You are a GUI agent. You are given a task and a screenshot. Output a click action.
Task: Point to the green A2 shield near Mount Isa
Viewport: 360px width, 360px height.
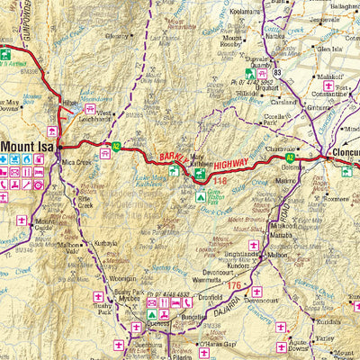[115, 146]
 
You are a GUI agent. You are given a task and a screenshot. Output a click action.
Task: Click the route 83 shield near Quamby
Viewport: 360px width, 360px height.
[277, 72]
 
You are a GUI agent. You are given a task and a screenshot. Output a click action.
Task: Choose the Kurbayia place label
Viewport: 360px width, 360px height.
[106, 243]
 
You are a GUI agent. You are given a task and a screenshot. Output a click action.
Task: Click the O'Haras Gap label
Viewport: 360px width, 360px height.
[216, 343]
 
